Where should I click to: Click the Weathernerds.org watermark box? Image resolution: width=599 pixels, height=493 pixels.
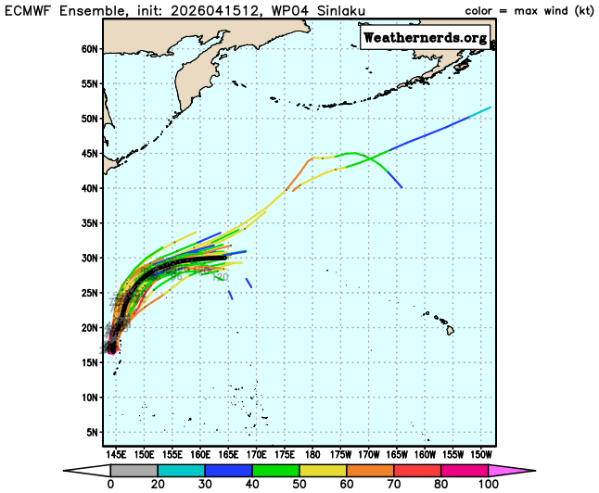425,38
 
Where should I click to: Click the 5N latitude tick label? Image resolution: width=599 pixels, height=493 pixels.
91,432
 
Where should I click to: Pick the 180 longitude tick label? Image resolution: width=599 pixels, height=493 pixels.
312,455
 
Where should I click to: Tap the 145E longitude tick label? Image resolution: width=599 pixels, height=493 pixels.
116,455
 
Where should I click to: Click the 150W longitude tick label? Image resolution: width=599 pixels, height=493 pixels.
481,455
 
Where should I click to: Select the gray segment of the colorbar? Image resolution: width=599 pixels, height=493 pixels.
134,471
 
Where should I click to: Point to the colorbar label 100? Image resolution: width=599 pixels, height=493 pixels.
488,485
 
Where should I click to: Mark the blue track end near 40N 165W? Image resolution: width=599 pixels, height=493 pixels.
401,187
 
